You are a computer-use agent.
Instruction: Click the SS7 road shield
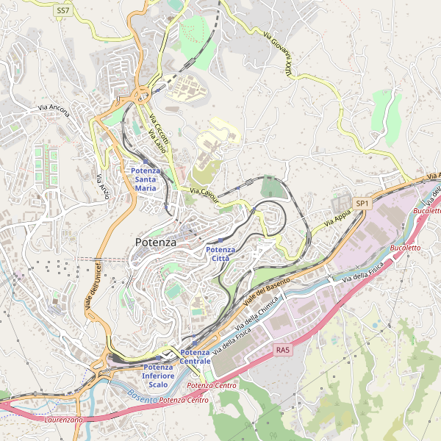pos(62,10)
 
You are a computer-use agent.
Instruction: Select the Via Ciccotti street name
pos(159,129)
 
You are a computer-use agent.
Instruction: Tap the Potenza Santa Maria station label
pos(146,179)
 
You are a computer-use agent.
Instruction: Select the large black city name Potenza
pos(156,242)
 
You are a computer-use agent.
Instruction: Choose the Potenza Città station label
pos(220,254)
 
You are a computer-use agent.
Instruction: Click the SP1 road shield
pos(362,203)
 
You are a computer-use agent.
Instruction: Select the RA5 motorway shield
pos(284,351)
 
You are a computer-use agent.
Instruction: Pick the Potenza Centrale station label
pos(196,357)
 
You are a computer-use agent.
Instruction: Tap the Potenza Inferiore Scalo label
pos(158,376)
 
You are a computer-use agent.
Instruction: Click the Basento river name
pos(142,397)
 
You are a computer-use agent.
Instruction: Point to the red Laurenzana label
pos(64,420)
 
